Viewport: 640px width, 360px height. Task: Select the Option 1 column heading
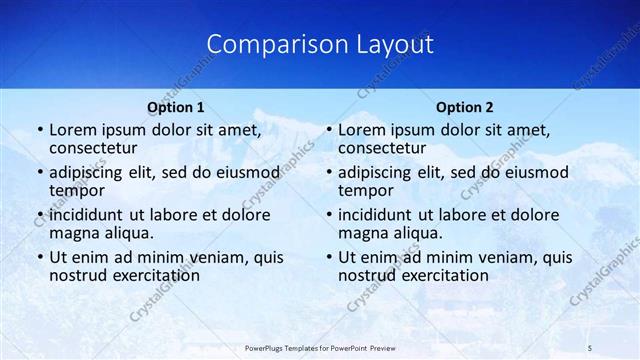click(x=176, y=106)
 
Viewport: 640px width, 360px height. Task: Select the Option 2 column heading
click(x=465, y=106)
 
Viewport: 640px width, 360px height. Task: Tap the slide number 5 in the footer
click(x=591, y=347)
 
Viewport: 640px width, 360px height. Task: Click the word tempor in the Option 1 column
click(x=76, y=191)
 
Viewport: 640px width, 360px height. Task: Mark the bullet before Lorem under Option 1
click(x=39, y=130)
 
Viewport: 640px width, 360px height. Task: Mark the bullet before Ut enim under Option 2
click(x=328, y=256)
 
